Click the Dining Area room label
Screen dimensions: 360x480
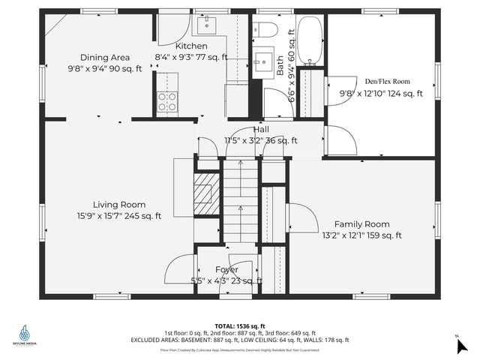(x=105, y=57)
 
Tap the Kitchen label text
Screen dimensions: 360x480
(x=191, y=46)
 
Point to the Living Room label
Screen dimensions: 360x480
(x=119, y=204)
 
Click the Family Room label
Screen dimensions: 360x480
(x=361, y=223)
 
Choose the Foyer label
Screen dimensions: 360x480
(x=226, y=269)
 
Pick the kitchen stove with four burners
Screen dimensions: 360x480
(x=167, y=101)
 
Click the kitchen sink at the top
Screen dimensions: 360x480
(x=204, y=25)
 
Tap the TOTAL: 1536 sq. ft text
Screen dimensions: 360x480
(x=240, y=325)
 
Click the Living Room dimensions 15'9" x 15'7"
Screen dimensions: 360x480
(x=119, y=217)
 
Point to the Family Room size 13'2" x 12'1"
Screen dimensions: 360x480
(x=361, y=235)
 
